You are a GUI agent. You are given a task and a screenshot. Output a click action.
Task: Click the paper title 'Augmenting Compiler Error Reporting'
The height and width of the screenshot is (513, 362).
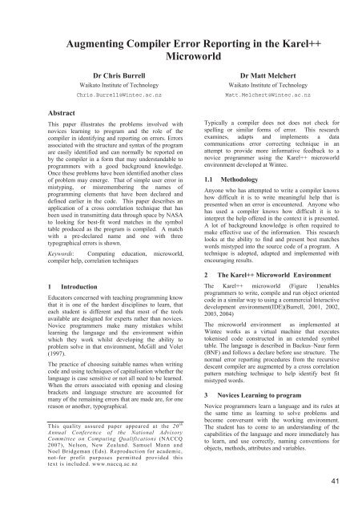pyautogui.click(x=181, y=44)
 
